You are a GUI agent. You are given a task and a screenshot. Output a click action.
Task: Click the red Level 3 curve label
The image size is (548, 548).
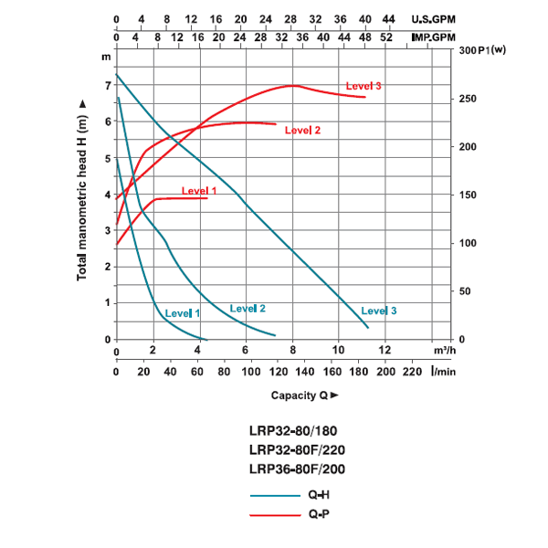pos(364,86)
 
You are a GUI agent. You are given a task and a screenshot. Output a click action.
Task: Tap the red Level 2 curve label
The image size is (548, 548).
pos(302,131)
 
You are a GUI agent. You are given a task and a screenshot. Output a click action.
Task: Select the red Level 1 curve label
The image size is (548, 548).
pos(200,191)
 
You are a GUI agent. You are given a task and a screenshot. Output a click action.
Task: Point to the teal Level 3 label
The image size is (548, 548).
pos(379,311)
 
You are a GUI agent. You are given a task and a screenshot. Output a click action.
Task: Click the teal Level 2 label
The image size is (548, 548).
pos(248,309)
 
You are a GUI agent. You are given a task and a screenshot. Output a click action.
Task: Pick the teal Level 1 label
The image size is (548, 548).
pos(183,313)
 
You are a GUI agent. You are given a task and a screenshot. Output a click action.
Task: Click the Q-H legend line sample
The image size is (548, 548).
pos(275,494)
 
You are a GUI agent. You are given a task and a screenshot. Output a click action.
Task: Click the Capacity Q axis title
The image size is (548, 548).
pos(304,395)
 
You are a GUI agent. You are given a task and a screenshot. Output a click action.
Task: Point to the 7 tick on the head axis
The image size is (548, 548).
pos(107,86)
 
